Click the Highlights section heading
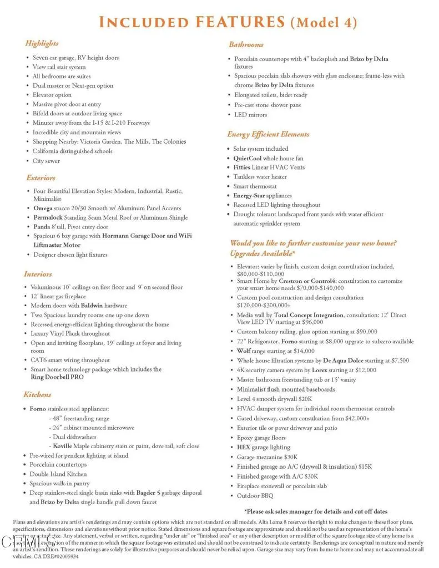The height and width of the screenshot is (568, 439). pyautogui.click(x=42, y=43)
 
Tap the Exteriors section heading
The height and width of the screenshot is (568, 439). pyautogui.click(x=41, y=178)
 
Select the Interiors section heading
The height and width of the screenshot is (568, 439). pyautogui.click(x=38, y=274)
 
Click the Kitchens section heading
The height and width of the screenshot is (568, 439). pyautogui.click(x=37, y=394)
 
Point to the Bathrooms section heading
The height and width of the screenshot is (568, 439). pyautogui.click(x=246, y=44)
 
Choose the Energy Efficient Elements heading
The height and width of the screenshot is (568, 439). pyautogui.click(x=268, y=134)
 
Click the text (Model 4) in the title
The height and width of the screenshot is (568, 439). pyautogui.click(x=324, y=23)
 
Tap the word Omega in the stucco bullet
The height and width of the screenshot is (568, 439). pyautogui.click(x=43, y=208)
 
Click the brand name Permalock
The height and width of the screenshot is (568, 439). pyautogui.click(x=48, y=217)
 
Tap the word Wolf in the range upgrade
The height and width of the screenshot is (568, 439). pyautogui.click(x=245, y=351)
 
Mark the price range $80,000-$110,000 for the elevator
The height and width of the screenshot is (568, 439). pyautogui.click(x=268, y=274)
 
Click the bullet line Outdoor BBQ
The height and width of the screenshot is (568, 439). pyautogui.click(x=255, y=496)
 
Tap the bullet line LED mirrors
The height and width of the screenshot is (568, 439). pyautogui.click(x=250, y=115)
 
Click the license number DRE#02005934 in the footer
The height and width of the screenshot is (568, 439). pyautogui.click(x=57, y=556)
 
